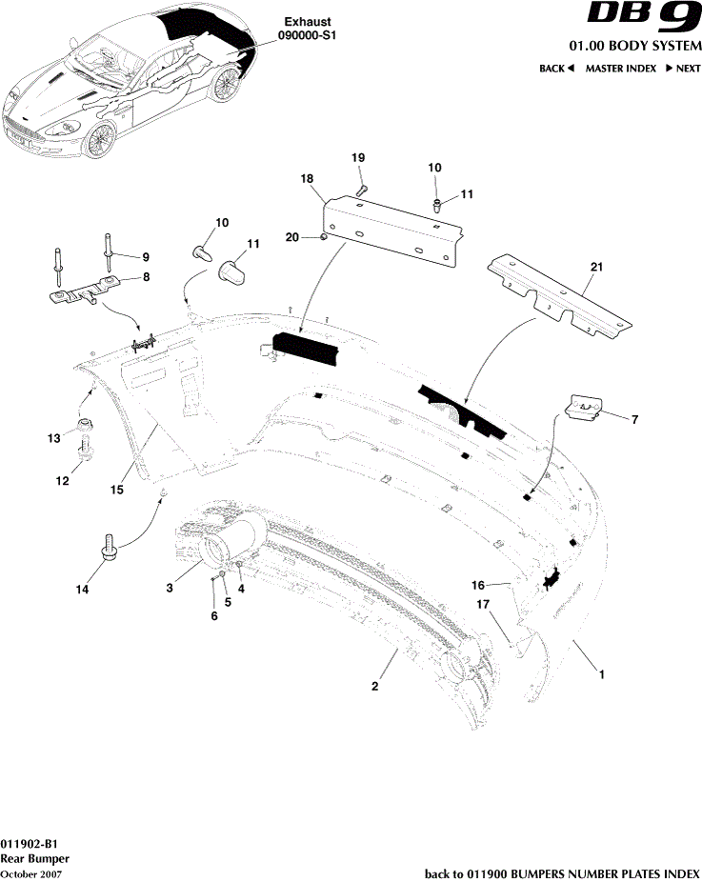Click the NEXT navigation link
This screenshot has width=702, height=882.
click(x=683, y=69)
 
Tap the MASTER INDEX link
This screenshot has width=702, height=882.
click(x=620, y=69)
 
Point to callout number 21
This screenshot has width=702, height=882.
click(x=597, y=270)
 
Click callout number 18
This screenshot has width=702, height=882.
click(x=307, y=179)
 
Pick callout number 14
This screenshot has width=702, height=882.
click(x=83, y=591)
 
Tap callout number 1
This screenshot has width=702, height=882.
click(x=602, y=673)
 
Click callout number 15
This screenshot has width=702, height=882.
click(x=116, y=490)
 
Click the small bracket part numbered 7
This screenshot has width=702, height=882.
click(x=584, y=407)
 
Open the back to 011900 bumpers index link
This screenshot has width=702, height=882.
click(x=561, y=873)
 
